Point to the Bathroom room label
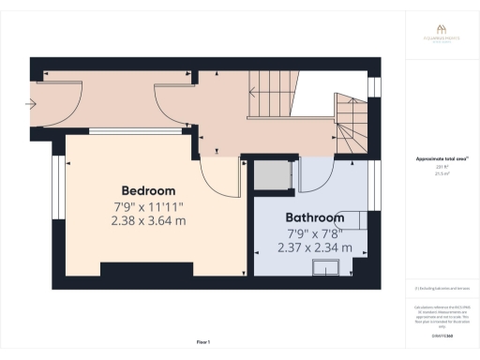pyautogui.click(x=314, y=217)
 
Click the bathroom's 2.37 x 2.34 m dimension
pyautogui.click(x=314, y=247)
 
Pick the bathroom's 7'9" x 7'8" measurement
pyautogui.click(x=314, y=232)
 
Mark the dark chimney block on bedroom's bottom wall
pyautogui.click(x=135, y=271)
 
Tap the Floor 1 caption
pyautogui.click(x=203, y=342)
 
